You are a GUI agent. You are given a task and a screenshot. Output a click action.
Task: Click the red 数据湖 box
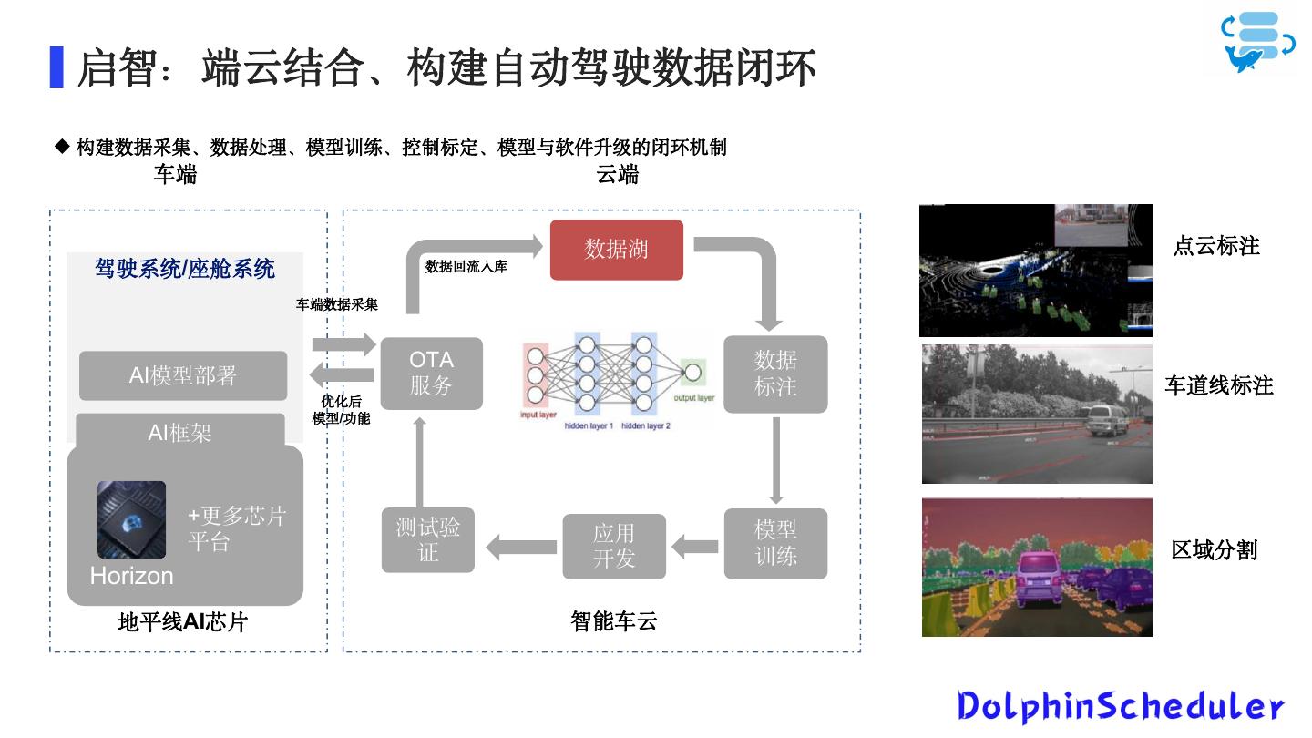[616, 250]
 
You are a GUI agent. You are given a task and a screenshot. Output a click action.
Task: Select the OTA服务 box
[431, 374]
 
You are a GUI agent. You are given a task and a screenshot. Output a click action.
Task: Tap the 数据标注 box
[775, 374]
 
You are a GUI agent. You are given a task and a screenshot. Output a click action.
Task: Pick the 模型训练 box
[775, 543]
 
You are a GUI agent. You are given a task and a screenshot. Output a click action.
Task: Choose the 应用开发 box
[614, 547]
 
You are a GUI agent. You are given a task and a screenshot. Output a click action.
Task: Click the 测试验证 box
[428, 540]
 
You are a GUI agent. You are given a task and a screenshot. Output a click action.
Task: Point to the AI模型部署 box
[183, 375]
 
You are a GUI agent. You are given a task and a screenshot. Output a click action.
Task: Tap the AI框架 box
[180, 433]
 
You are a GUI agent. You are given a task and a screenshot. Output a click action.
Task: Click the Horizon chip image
[132, 519]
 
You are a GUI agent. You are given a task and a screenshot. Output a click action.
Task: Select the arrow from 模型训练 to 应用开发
[695, 547]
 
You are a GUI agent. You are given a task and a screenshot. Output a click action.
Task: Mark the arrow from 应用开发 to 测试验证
[521, 547]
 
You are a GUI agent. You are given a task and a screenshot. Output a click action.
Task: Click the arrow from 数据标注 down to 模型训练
[775, 460]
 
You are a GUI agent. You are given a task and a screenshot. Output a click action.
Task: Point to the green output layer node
[693, 372]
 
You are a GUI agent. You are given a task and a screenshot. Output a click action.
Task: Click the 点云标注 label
[1215, 246]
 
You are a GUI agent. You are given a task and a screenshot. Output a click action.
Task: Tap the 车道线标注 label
[1219, 385]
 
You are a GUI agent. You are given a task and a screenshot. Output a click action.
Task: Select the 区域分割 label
[1214, 549]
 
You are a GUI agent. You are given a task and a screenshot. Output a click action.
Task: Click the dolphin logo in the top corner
[1258, 41]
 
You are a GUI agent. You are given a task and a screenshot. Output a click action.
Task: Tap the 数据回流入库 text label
[466, 267]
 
